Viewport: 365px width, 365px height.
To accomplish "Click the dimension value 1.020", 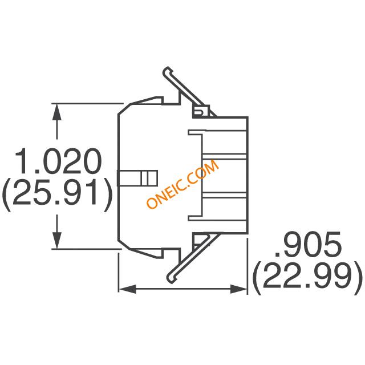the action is click(x=58, y=161).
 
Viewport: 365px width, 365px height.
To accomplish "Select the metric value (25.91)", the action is click(x=57, y=195).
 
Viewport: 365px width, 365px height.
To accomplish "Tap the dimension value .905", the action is click(x=309, y=244).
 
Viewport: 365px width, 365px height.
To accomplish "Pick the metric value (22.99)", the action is click(x=309, y=278).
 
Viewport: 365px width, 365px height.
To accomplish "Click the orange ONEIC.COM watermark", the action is click(x=183, y=184).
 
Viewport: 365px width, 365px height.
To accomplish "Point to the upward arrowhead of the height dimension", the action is click(x=57, y=112).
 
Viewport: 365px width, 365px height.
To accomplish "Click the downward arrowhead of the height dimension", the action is click(x=57, y=240).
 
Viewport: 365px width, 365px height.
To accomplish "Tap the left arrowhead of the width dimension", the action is click(x=127, y=289).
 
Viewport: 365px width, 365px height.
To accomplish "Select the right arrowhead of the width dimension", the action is click(x=238, y=289).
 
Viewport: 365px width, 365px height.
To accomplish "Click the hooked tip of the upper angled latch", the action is click(x=167, y=71).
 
